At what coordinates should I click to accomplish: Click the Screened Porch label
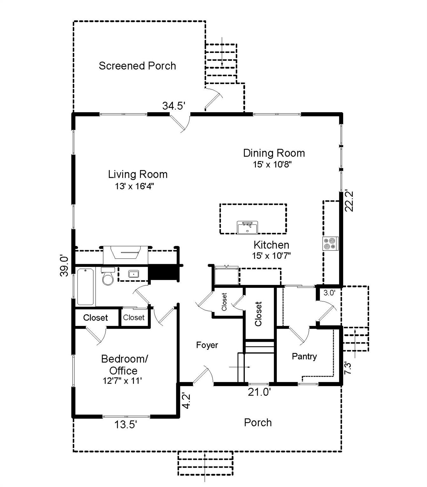137,66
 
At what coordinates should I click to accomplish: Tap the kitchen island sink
247,228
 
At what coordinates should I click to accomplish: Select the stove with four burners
330,243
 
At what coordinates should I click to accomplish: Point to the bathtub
85,287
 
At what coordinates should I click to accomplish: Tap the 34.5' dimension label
174,106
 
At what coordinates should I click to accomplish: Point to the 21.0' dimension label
259,392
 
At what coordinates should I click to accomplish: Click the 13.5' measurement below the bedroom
126,425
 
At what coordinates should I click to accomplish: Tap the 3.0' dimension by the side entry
329,293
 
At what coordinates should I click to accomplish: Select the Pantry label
304,356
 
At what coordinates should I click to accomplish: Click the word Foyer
207,345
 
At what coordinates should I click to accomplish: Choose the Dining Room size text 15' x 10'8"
272,165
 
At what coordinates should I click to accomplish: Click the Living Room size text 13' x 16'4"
135,186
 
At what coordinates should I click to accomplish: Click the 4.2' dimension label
187,401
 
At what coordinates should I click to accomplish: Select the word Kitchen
271,245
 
